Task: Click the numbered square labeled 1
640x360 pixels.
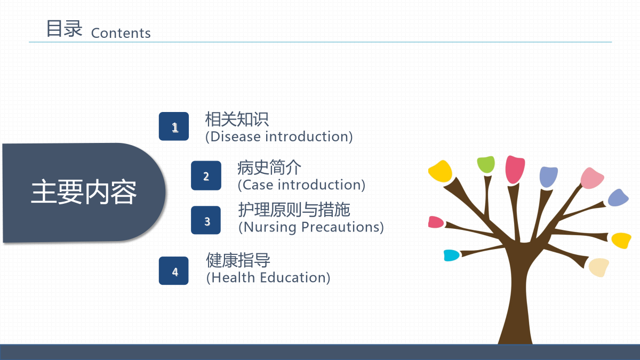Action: [x=174, y=126]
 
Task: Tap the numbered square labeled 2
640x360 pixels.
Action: [x=206, y=175]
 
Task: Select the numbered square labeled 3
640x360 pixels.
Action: [x=206, y=220]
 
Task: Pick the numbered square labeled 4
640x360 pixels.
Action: [x=174, y=270]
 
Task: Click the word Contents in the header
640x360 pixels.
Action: [x=121, y=33]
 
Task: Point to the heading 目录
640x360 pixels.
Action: [x=65, y=29]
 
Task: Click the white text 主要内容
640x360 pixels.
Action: [x=84, y=191]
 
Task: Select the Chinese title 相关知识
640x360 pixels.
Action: [x=237, y=119]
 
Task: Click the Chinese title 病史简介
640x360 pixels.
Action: [x=269, y=167]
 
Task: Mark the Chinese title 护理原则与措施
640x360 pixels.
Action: [x=294, y=210]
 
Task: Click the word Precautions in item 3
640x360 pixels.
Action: [x=340, y=227]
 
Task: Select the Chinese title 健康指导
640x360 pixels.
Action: [x=238, y=260]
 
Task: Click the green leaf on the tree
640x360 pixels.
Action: [x=486, y=164]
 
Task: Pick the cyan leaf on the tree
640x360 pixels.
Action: [x=451, y=255]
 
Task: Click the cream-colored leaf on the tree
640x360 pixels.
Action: [x=599, y=267]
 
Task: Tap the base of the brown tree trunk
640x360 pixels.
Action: [x=515, y=341]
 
